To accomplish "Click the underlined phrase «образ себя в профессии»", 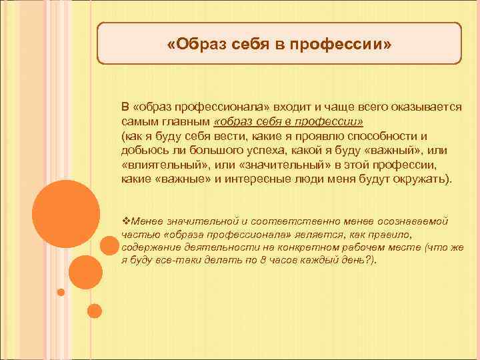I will tap(288, 123).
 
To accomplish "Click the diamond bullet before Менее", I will tap(125, 221).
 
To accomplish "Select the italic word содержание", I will tap(149, 247).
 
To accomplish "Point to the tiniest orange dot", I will tap(61, 292).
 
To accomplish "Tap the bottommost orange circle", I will tap(94, 310).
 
